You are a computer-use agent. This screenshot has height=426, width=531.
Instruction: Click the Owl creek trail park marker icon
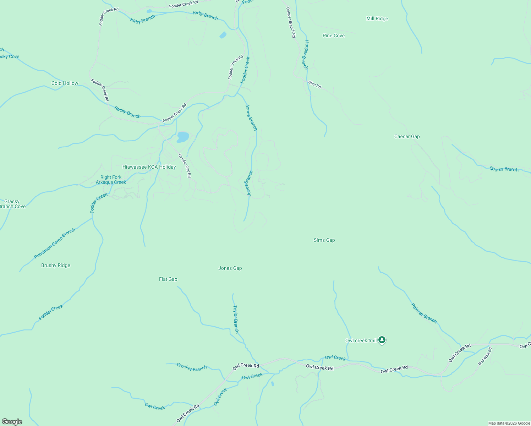382,340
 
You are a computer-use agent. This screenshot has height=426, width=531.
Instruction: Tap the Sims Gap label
324,240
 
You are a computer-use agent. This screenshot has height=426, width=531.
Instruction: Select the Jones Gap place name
230,268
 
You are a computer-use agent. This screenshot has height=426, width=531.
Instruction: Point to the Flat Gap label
168,279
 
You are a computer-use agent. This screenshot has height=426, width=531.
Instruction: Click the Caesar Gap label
407,137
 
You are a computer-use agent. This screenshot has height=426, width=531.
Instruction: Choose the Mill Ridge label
377,19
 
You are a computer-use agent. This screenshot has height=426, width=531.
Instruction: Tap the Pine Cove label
333,36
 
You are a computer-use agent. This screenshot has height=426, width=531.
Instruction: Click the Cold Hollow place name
65,83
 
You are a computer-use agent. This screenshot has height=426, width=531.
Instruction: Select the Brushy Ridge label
56,266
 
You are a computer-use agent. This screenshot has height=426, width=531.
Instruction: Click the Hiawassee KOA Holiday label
149,167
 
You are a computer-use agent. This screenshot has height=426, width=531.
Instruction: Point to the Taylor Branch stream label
236,319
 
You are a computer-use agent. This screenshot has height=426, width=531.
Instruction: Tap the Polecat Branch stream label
424,313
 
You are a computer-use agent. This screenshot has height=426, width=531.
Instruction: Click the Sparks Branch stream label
504,169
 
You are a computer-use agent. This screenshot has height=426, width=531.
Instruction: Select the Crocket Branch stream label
192,367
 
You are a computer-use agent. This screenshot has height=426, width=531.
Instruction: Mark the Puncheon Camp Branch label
55,244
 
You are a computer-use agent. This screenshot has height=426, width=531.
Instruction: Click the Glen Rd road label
314,84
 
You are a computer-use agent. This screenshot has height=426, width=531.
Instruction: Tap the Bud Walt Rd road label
485,356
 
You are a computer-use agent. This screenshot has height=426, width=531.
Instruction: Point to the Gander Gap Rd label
185,165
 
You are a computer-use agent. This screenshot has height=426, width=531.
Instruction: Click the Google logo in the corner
12,422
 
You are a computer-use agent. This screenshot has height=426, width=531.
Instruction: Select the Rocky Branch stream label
127,112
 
